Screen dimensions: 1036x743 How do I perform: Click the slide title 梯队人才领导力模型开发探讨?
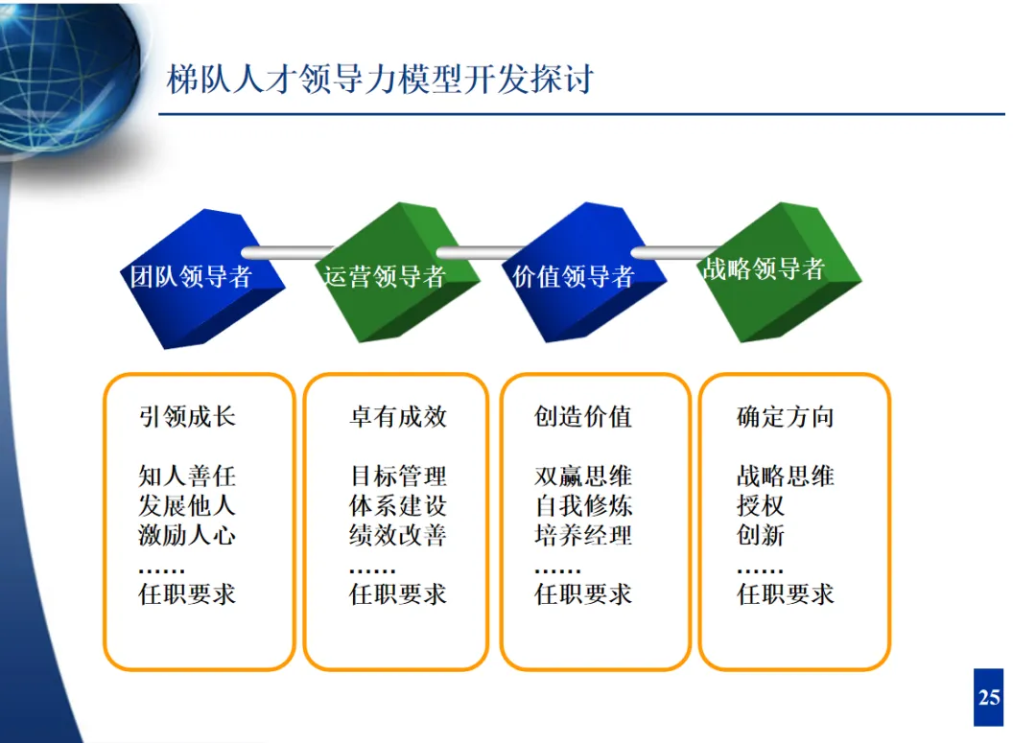(x=380, y=79)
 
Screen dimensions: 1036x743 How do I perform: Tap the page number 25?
(x=988, y=697)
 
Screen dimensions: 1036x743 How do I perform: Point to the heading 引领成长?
(x=187, y=416)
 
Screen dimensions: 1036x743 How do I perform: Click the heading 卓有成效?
(x=397, y=416)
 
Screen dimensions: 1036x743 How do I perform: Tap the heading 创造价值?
(x=583, y=416)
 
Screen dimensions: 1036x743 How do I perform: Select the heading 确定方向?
(x=786, y=416)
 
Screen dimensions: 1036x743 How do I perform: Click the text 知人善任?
(x=187, y=476)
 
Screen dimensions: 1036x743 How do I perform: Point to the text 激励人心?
(x=187, y=534)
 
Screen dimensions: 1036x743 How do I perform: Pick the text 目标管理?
(x=397, y=476)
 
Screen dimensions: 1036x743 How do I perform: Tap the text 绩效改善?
(x=397, y=534)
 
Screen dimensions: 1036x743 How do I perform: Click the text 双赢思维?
(x=583, y=476)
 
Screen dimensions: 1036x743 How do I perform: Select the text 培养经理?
(x=583, y=534)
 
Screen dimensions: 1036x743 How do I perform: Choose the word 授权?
(x=761, y=504)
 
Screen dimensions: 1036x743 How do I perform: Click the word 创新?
(x=761, y=534)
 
